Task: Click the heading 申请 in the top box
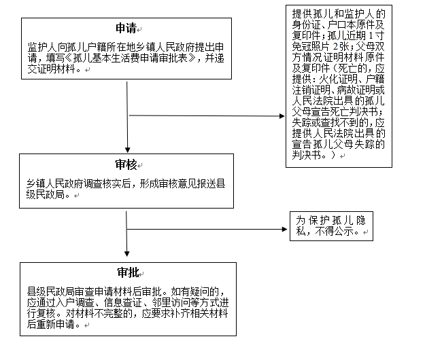(x=126, y=29)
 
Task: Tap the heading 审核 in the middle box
(x=126, y=164)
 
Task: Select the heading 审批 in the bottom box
(x=128, y=272)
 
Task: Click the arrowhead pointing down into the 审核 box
(x=128, y=150)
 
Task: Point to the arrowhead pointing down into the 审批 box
(x=127, y=254)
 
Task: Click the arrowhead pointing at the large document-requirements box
(x=282, y=116)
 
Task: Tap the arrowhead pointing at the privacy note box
(x=285, y=230)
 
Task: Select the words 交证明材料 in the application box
(x=52, y=69)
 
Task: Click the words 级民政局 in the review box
(x=46, y=194)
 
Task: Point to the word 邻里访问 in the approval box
(x=171, y=303)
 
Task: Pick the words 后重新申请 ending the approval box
(x=51, y=324)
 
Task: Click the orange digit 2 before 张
(x=335, y=47)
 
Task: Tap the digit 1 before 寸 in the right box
(x=371, y=36)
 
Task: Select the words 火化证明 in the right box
(x=338, y=79)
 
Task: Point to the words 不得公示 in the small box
(x=334, y=232)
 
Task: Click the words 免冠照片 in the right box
(x=311, y=47)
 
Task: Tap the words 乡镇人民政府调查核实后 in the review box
(x=79, y=184)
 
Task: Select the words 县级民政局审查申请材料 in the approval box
(x=80, y=292)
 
